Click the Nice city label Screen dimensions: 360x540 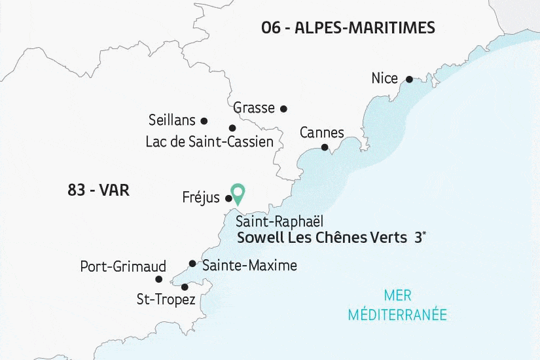click(x=384, y=79)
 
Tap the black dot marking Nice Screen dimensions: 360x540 click(x=409, y=79)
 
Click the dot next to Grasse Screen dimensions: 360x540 click(x=283, y=109)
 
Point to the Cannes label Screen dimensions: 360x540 click(x=321, y=133)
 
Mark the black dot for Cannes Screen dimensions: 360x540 click(x=325, y=148)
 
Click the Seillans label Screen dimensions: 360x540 click(x=172, y=120)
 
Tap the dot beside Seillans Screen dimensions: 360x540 click(x=204, y=121)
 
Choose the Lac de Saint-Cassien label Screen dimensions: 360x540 click(x=209, y=141)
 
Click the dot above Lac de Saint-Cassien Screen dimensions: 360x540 click(x=232, y=128)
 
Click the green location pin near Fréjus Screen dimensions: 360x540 click(x=238, y=193)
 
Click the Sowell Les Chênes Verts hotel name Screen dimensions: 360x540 click(x=321, y=238)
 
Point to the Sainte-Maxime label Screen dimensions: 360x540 click(x=249, y=265)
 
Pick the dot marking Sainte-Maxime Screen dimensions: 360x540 click(x=192, y=264)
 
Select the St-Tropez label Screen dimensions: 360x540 click(x=166, y=300)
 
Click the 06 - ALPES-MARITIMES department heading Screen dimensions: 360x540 click(x=348, y=27)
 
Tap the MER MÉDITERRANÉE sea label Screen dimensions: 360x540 click(x=398, y=305)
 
